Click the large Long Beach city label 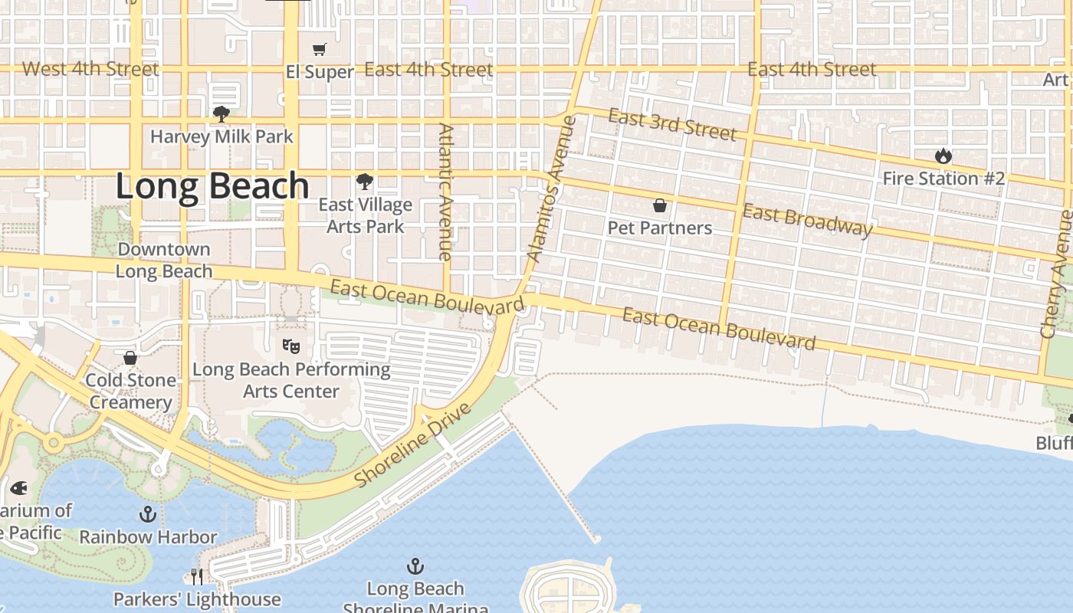[212, 186]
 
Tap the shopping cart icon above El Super [320, 50]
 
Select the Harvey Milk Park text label [221, 136]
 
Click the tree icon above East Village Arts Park [365, 182]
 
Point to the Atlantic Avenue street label [445, 192]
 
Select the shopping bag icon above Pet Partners [659, 205]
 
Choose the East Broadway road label [807, 220]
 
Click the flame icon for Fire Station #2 [943, 156]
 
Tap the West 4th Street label [90, 69]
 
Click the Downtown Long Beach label [164, 261]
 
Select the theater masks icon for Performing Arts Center [290, 346]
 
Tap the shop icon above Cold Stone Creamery [130, 358]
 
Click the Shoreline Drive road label [412, 444]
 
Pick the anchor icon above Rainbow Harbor [148, 513]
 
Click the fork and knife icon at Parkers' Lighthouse [197, 576]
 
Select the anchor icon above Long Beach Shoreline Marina [415, 566]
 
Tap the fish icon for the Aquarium [18, 487]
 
